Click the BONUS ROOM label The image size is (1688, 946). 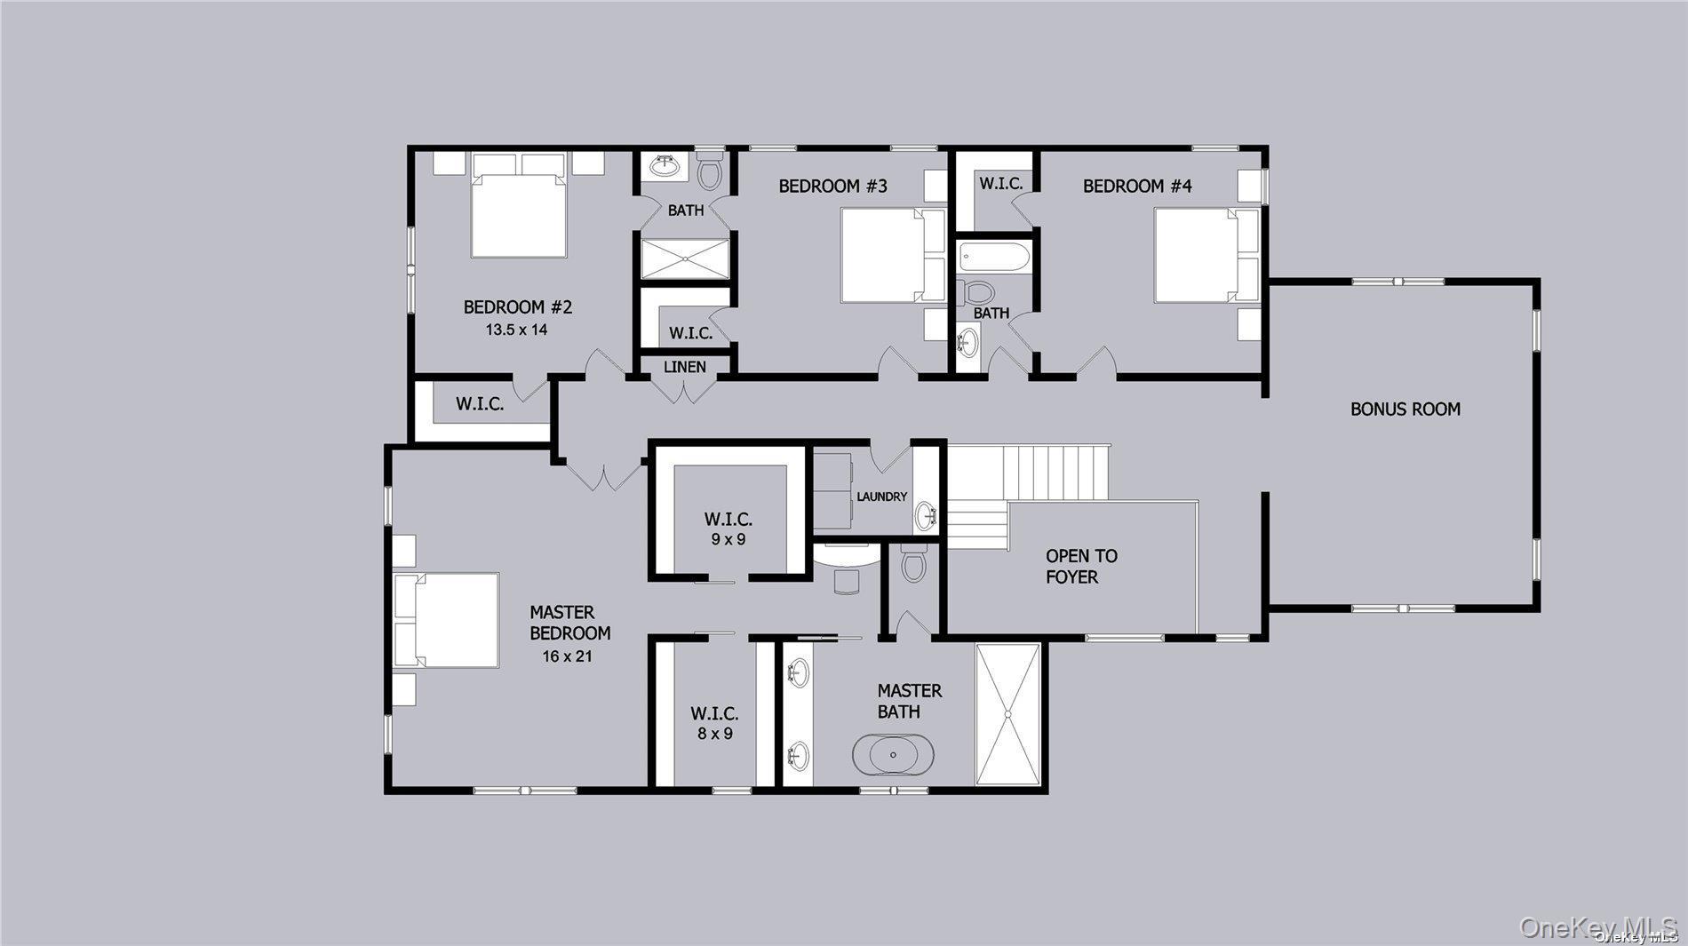1405,409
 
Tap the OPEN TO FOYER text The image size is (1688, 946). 1080,567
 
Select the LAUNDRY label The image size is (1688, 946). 881,497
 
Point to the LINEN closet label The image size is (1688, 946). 685,367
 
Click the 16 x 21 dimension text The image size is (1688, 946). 567,656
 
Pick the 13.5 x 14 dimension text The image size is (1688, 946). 516,330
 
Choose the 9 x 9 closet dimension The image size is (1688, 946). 728,539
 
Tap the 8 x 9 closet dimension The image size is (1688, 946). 714,734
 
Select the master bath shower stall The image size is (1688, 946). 1008,714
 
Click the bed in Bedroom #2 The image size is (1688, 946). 519,214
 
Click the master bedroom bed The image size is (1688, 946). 449,619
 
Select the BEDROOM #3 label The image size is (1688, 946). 832,187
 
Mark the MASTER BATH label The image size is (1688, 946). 909,701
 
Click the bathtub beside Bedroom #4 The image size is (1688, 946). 994,258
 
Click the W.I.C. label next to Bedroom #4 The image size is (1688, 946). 1001,184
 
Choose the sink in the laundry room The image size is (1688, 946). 928,513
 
